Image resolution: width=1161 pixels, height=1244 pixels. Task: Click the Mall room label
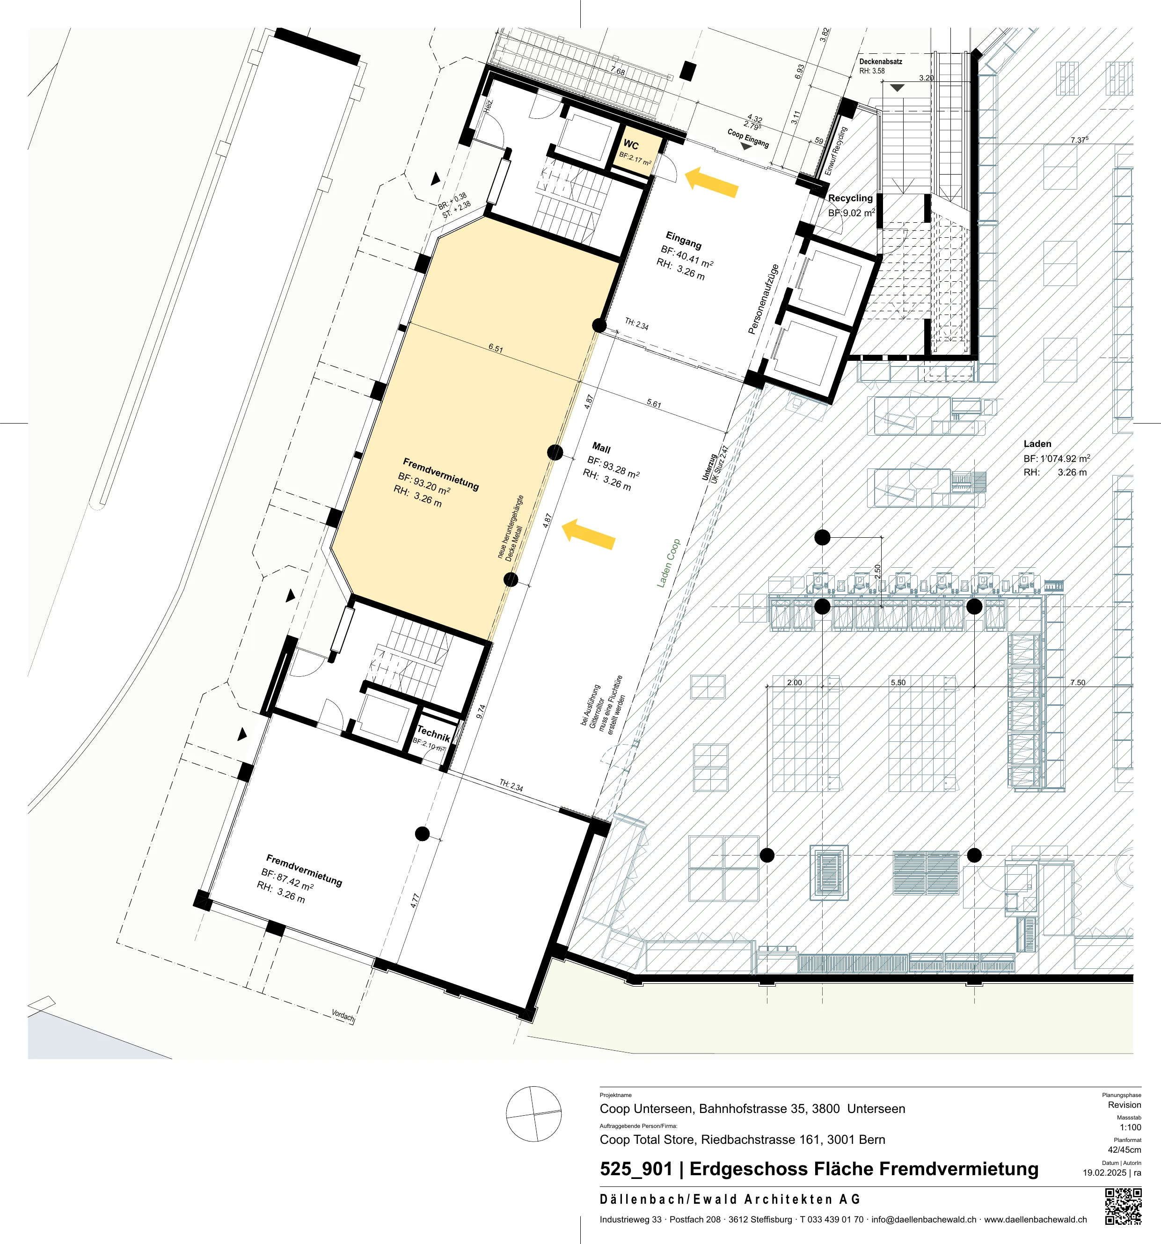tap(601, 448)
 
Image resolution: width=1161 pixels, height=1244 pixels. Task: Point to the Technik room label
tap(433, 734)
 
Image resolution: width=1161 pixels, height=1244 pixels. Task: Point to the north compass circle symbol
tap(533, 1114)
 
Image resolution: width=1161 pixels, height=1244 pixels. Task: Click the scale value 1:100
tap(1130, 1127)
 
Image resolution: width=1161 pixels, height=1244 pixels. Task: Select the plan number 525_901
tap(635, 1169)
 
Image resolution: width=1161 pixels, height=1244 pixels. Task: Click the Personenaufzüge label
tap(764, 299)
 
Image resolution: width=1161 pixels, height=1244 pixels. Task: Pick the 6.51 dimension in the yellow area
tap(496, 349)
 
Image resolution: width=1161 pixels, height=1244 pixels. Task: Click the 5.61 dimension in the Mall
tap(654, 403)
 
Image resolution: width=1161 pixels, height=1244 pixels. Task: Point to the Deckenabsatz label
tap(881, 61)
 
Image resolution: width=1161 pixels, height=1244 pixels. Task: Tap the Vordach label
tap(343, 1016)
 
